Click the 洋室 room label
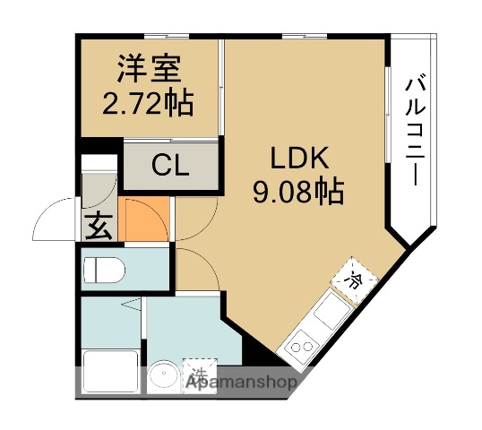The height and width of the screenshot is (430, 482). pos(149,68)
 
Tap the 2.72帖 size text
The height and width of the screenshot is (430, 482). pos(149,104)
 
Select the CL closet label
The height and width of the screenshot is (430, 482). pos(170,166)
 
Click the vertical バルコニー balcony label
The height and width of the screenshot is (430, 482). pos(413,130)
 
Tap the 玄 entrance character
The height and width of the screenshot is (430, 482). pos(98,228)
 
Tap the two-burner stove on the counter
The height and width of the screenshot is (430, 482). pos(300,345)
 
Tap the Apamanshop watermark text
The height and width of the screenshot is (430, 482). pos(241,383)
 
